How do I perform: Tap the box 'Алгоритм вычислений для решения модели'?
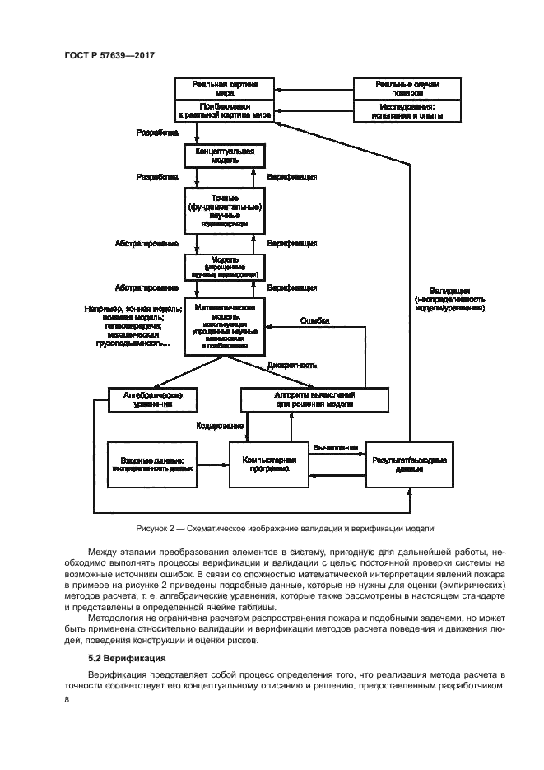[314, 399]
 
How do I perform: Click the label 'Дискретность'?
[291, 365]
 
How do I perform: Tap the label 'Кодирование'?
[219, 426]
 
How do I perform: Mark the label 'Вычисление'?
[334, 446]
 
